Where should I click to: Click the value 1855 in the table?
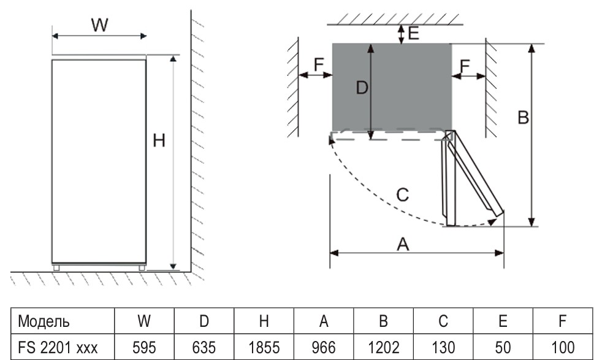click(x=264, y=347)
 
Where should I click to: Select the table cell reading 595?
click(x=144, y=347)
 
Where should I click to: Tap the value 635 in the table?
click(x=204, y=347)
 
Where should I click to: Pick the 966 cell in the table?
click(x=323, y=347)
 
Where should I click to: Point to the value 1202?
click(x=383, y=347)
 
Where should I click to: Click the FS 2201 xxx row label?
click(x=58, y=347)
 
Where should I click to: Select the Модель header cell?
click(x=44, y=321)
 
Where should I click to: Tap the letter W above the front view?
click(x=99, y=26)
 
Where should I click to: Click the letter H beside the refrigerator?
click(x=159, y=141)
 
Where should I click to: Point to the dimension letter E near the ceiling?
click(x=413, y=33)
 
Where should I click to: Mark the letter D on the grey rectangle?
click(x=362, y=88)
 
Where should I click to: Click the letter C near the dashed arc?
click(x=402, y=195)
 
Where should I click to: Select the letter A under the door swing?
click(x=403, y=244)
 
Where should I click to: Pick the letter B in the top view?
click(x=523, y=117)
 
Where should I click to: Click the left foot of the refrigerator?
click(x=57, y=267)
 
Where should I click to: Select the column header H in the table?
click(x=264, y=321)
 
